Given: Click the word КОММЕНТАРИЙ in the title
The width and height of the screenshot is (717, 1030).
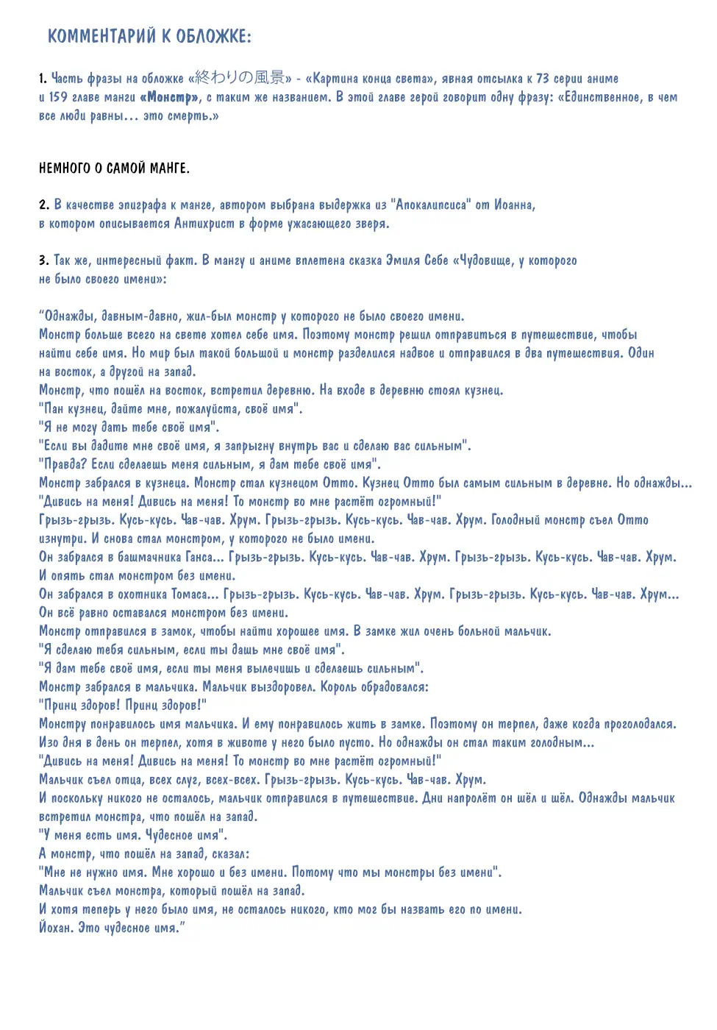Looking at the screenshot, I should [x=102, y=36].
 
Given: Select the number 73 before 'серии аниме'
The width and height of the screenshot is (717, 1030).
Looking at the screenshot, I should [x=542, y=78].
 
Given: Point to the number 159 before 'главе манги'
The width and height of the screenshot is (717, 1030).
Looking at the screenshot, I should [x=58, y=97].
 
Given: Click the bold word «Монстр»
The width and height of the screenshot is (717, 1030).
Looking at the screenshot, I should [x=170, y=97].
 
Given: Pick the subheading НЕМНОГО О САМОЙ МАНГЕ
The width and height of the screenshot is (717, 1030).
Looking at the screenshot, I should [x=114, y=168].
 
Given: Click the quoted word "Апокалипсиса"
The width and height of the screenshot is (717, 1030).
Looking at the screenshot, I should [x=429, y=205].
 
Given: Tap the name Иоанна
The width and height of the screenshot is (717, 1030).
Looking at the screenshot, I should [x=514, y=205].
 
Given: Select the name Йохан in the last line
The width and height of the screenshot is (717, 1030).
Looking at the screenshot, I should [x=57, y=928].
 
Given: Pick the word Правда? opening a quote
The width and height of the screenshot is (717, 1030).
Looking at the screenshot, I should [x=65, y=464].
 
